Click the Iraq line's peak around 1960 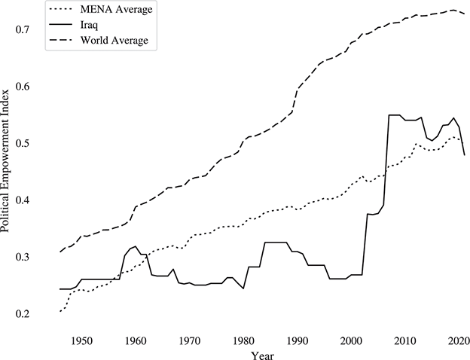pos(135,246)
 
